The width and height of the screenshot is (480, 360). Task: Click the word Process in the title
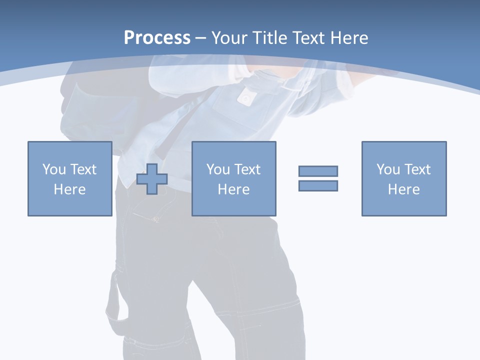(x=157, y=37)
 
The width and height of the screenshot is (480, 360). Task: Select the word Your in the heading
(x=229, y=37)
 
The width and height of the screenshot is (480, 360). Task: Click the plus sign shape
(x=152, y=179)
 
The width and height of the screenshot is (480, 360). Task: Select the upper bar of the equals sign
(x=318, y=171)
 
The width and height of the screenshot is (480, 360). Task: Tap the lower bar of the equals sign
(x=318, y=185)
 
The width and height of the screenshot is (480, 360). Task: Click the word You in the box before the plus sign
(x=54, y=169)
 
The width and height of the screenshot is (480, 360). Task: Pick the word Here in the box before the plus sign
(x=69, y=189)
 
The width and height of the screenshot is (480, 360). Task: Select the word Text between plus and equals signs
(x=247, y=169)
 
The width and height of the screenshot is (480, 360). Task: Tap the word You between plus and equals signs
(x=218, y=169)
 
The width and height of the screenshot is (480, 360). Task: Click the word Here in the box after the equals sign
(x=403, y=189)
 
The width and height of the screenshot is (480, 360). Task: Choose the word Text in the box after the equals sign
(x=417, y=169)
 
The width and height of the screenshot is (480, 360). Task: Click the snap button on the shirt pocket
(x=244, y=98)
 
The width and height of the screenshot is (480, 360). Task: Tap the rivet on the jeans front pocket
(x=156, y=218)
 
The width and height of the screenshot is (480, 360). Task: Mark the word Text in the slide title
(x=306, y=37)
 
